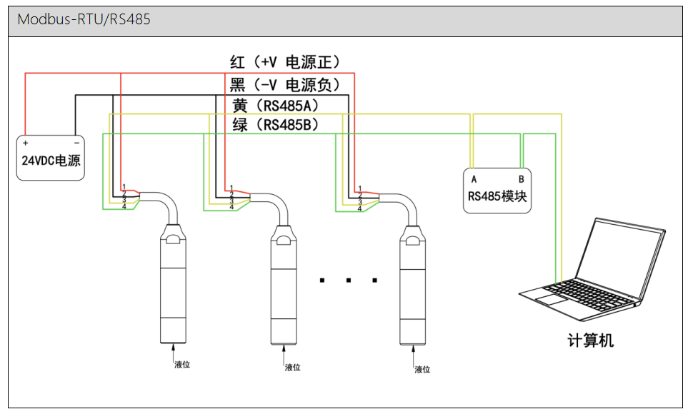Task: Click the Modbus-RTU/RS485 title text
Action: pos(84,20)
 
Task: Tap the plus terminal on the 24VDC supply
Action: pos(25,142)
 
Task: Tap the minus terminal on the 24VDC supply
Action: pos(76,142)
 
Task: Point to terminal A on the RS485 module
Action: pos(473,178)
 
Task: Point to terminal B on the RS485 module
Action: pos(521,178)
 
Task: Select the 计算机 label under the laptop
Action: pos(592,340)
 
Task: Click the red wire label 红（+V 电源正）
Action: pos(285,62)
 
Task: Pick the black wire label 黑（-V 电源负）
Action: pos(285,85)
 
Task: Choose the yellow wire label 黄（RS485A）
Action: pos(275,106)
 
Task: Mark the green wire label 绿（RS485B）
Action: pos(275,126)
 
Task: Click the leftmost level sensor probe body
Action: pos(171,286)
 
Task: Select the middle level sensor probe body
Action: pos(283,286)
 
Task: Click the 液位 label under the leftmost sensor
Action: pos(182,365)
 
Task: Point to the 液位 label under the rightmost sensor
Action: pos(423,369)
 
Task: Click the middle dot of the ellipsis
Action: pos(348,281)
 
